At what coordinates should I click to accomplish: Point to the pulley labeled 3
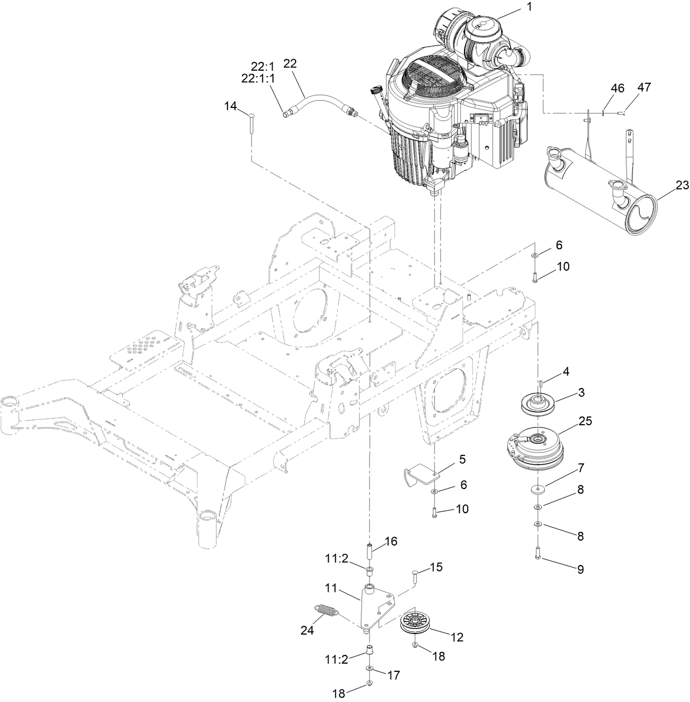click(x=539, y=406)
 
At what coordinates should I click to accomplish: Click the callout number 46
click(x=617, y=88)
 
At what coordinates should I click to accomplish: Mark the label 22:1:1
click(x=259, y=78)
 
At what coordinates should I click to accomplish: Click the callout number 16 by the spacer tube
click(x=391, y=542)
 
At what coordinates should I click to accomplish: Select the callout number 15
click(x=436, y=567)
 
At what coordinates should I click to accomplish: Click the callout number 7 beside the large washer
click(x=580, y=469)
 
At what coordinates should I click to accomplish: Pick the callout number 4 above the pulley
click(x=564, y=372)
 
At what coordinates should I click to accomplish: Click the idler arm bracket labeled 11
click(x=378, y=606)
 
